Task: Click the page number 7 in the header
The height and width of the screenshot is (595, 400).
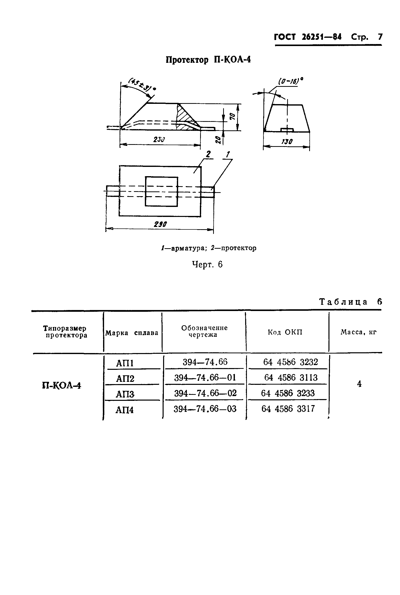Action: coord(380,37)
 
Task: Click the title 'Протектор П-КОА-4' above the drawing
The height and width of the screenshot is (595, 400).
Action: coord(208,60)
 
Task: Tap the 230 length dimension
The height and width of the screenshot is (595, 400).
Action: coord(159,140)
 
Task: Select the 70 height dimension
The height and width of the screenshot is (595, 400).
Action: coord(232,117)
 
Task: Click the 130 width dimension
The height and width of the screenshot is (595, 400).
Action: coord(287,142)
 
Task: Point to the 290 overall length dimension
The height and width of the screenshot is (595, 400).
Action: coord(160,224)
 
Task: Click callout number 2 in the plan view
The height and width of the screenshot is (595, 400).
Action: coord(208,154)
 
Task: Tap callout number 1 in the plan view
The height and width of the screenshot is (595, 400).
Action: coord(228,154)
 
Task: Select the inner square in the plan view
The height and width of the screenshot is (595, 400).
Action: coord(161,191)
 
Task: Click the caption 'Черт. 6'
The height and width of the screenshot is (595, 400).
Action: coord(207,264)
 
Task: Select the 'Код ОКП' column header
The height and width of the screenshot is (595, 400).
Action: coord(285,332)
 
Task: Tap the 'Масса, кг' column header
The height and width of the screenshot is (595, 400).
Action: coord(358,332)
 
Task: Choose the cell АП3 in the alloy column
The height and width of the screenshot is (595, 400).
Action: coord(125,394)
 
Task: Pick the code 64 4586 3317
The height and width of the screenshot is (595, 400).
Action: coord(288,409)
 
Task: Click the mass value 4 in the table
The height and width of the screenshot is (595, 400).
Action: coord(359,384)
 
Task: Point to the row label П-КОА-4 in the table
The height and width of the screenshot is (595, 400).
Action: coord(62,385)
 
